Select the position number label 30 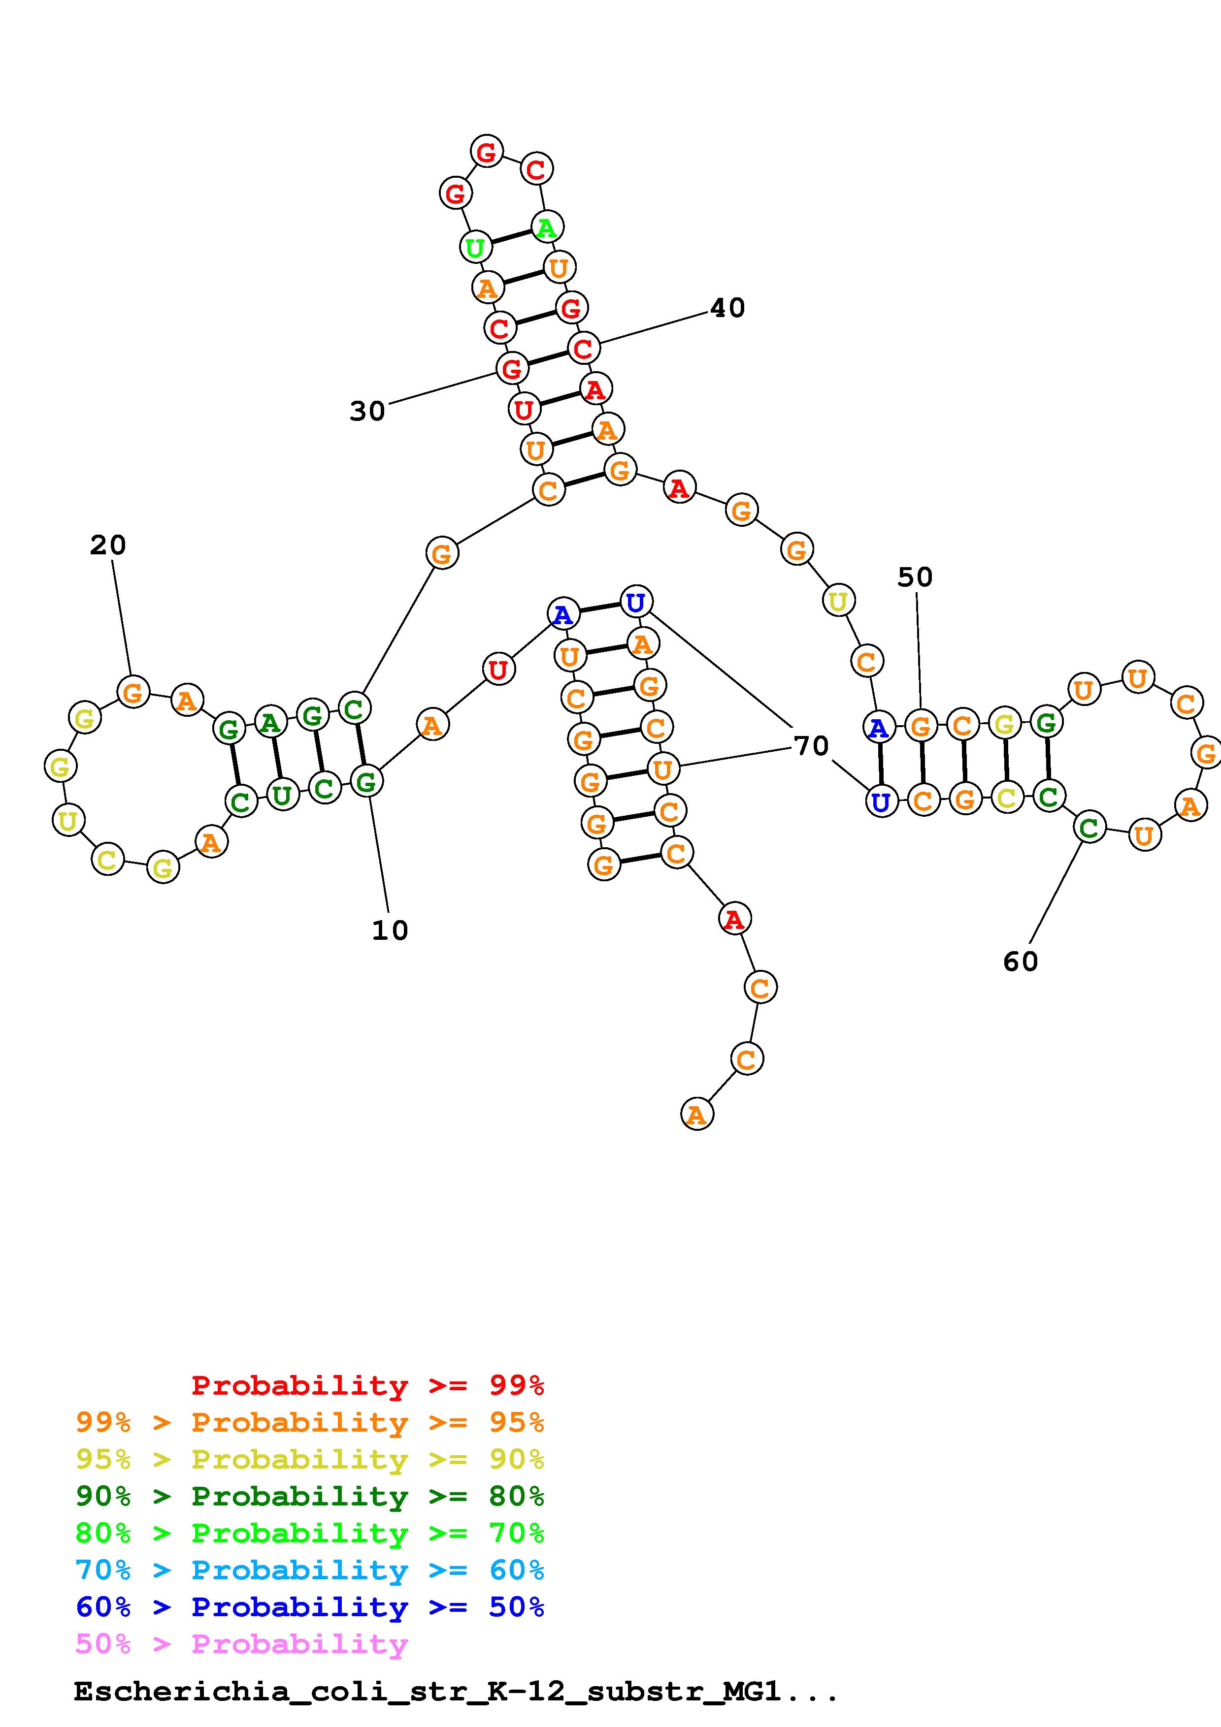coord(367,412)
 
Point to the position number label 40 coord(727,308)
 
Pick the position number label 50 coord(915,577)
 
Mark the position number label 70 coord(811,746)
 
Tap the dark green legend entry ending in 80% coord(310,1497)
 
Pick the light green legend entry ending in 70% coord(310,1534)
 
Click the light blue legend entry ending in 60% coord(310,1570)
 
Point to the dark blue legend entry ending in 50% coord(310,1607)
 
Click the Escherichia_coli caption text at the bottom coord(455,1692)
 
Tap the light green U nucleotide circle coord(475,247)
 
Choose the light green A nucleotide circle coord(547,226)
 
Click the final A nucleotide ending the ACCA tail coord(696,1114)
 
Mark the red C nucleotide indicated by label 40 coord(583,348)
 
